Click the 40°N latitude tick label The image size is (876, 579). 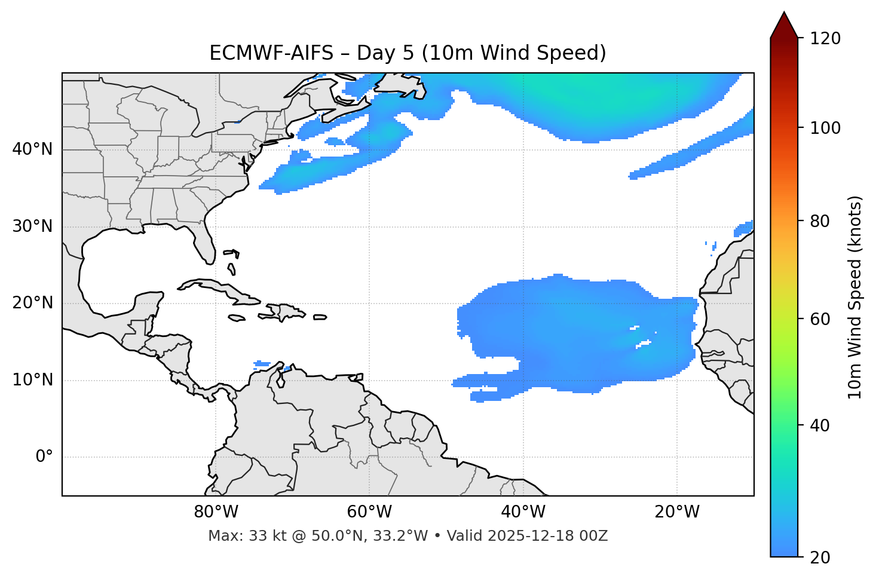coord(32,149)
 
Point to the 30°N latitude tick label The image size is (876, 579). coord(32,226)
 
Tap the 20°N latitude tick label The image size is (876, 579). coord(32,303)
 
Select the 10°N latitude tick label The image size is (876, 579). coord(32,380)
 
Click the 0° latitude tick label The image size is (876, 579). coord(44,457)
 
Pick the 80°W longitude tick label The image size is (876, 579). coord(216,512)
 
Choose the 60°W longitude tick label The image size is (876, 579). coord(369,512)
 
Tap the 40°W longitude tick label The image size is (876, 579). coord(523,512)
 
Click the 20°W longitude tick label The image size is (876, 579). coord(677,512)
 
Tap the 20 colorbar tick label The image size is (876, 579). coord(820,557)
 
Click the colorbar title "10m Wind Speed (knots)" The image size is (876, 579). coord(855,297)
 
